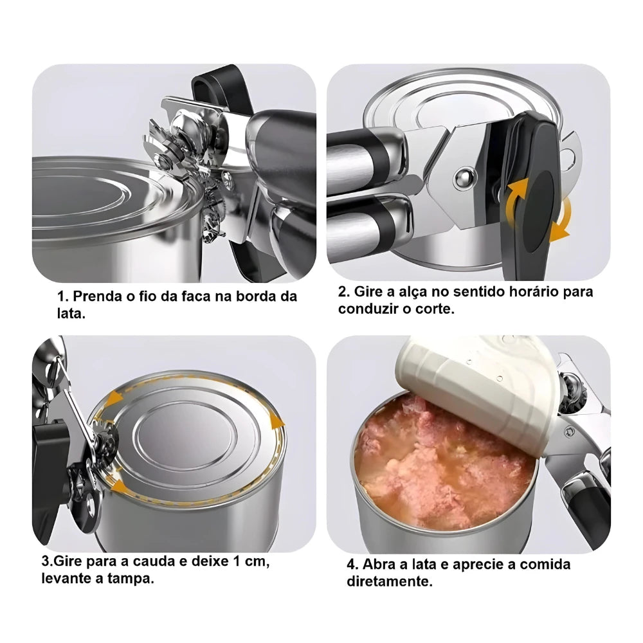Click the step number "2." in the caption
point(345,291)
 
